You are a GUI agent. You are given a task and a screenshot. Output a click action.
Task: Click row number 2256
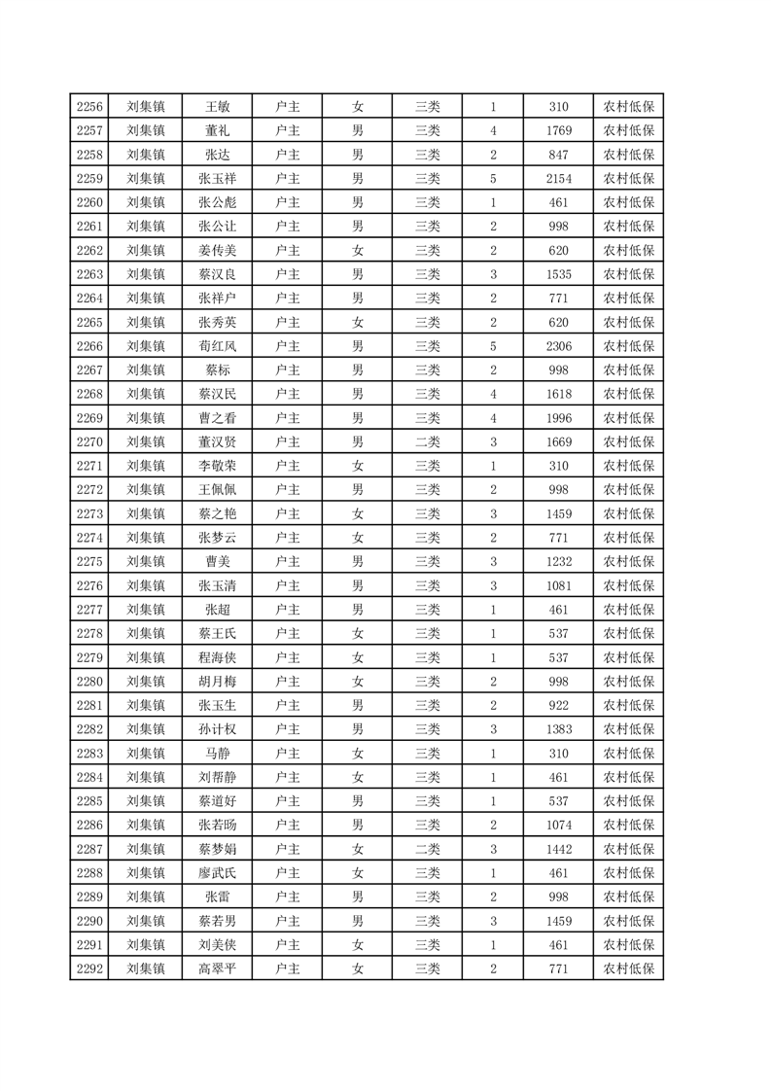(x=88, y=107)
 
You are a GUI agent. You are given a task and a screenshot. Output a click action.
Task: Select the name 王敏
(x=217, y=107)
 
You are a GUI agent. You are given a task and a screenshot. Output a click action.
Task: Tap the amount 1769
(x=558, y=131)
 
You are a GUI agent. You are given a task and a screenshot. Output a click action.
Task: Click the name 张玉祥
(x=217, y=179)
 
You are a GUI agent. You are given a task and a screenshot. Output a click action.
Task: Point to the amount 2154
(x=558, y=179)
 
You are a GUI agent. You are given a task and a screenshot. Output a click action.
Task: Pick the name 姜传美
(x=217, y=251)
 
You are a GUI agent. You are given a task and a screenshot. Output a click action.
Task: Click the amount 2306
(x=558, y=346)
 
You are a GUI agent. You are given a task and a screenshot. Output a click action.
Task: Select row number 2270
(x=88, y=442)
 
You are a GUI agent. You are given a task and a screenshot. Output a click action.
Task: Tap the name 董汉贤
(x=217, y=442)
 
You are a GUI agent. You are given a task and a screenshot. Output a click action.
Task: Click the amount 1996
(x=558, y=418)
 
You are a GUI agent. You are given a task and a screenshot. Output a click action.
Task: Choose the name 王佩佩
(x=217, y=490)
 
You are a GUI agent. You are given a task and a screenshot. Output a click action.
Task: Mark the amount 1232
(x=558, y=562)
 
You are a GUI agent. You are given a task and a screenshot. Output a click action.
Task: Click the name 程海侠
(x=217, y=657)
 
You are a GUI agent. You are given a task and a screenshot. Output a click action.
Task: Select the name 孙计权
(x=217, y=729)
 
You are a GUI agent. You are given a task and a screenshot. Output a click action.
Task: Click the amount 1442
(x=558, y=849)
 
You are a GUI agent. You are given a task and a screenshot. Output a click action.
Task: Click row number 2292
(x=88, y=968)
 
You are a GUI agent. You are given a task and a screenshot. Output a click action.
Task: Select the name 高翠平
(x=217, y=968)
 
